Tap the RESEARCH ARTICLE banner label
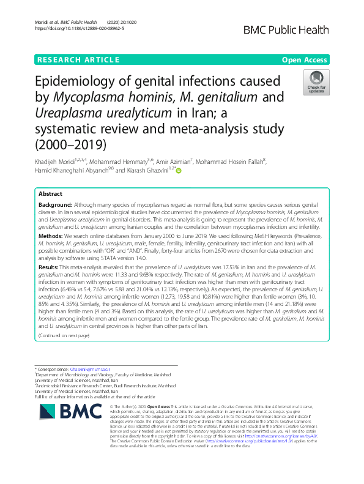point(78,59)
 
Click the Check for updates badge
point(317,83)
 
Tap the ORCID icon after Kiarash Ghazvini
point(179,170)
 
